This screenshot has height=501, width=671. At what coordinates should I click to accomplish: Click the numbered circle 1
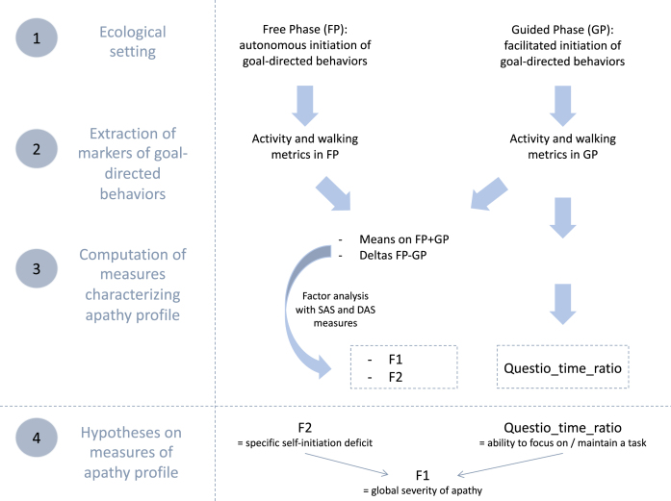35,41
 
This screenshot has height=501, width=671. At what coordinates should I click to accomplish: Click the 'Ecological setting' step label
133,40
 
